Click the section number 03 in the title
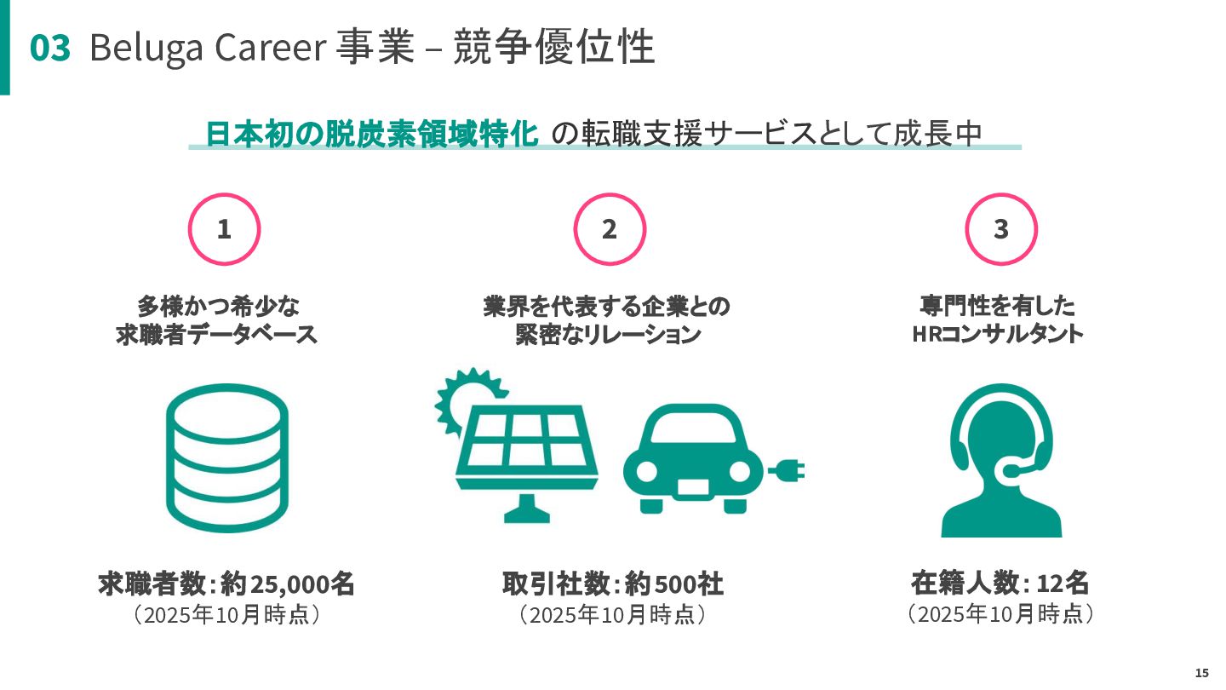[50, 49]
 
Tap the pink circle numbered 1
[224, 229]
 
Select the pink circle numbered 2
[610, 229]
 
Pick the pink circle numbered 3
[1000, 229]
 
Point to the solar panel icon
[526, 451]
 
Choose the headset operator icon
[1000, 460]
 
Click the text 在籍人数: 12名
[1000, 584]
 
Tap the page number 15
[1201, 673]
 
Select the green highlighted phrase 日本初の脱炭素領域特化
[372, 134]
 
